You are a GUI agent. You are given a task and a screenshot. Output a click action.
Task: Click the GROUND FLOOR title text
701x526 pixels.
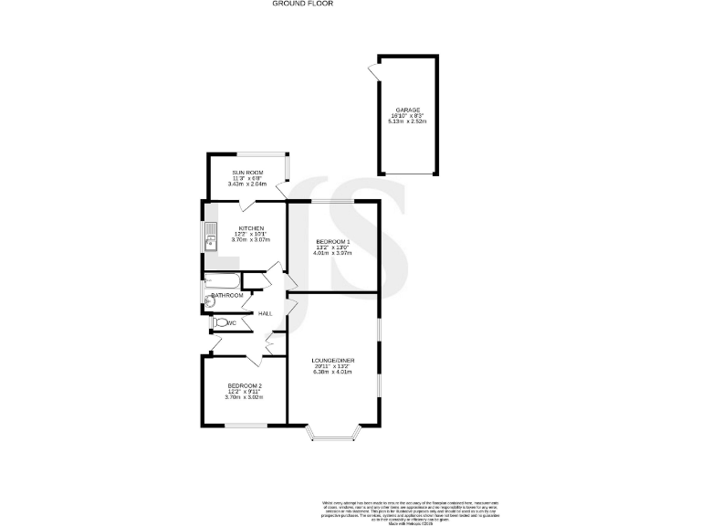coord(304,4)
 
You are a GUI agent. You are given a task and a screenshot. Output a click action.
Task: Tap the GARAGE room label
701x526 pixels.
coord(407,110)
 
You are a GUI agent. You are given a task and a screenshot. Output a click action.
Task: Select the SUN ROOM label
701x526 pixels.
coord(247,172)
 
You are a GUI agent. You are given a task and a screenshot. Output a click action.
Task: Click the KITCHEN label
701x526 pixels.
coord(251,227)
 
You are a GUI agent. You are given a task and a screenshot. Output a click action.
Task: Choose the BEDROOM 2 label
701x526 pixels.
coord(245,385)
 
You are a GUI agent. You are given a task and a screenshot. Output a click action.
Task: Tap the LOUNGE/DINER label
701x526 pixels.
coord(333,361)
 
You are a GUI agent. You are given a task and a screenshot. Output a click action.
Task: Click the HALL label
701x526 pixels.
coord(266,313)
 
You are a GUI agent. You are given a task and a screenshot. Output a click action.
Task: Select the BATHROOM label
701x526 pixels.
coord(228,296)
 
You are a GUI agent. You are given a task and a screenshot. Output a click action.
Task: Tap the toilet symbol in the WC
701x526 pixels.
coord(220,322)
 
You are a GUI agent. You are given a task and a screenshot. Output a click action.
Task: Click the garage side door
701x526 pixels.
coord(374,71)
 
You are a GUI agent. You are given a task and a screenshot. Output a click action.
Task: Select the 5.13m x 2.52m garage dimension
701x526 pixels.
coord(407,121)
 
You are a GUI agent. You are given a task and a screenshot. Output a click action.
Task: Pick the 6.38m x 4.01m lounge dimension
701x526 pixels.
coord(333,373)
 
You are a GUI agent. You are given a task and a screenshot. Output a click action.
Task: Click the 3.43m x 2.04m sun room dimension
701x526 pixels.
coord(247,184)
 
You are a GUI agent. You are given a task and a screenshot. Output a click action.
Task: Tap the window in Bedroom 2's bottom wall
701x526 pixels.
coord(246,426)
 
